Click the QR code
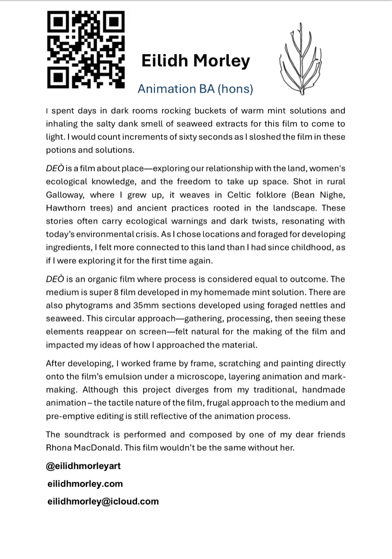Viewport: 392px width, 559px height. (x=86, y=50)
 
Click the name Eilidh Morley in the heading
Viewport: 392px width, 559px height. (x=195, y=61)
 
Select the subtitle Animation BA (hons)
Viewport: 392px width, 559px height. (x=195, y=89)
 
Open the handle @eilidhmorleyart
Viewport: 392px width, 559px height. (x=83, y=466)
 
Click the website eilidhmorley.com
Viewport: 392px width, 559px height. (x=85, y=484)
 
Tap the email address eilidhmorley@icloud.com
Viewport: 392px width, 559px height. (x=103, y=501)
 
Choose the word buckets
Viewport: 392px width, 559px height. (x=202, y=111)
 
